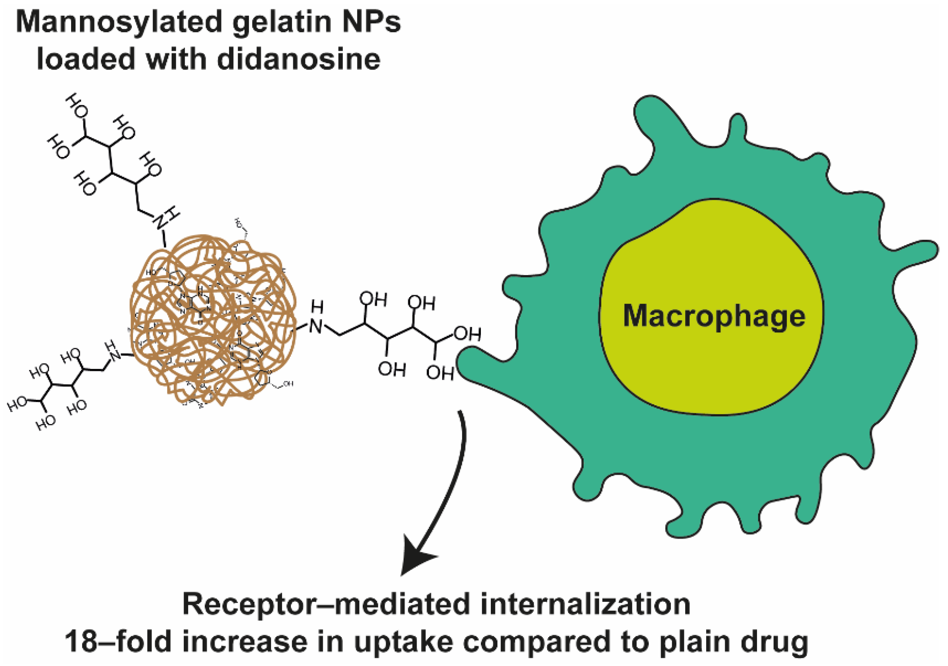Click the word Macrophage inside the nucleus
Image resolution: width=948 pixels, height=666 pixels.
coord(713,317)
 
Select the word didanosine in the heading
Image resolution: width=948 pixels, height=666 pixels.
coord(298,59)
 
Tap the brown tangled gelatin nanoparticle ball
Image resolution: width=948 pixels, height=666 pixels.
coord(213,320)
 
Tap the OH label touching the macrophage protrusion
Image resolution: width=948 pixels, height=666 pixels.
coord(440,373)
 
